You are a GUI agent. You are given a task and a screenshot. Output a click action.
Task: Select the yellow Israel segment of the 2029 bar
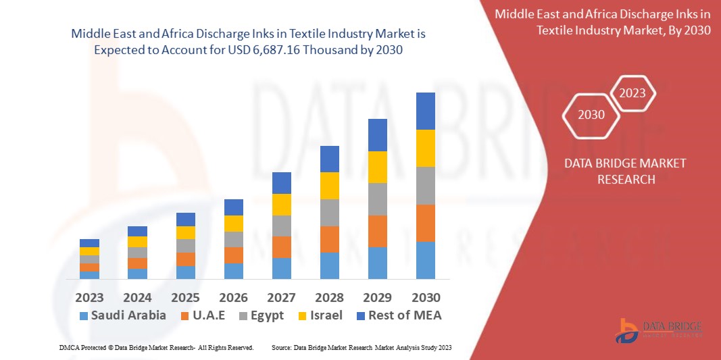(x=377, y=167)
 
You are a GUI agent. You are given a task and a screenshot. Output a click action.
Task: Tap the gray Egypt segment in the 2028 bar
(x=329, y=212)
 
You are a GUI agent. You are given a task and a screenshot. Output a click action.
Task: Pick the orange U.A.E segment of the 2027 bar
(x=281, y=247)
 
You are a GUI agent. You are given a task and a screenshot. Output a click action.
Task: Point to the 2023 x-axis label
(x=89, y=297)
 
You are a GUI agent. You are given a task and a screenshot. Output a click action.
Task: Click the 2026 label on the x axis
(x=233, y=297)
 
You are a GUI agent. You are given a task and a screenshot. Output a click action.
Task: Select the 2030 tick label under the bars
(x=426, y=297)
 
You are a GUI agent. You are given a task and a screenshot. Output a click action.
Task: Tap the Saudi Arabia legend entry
(x=122, y=315)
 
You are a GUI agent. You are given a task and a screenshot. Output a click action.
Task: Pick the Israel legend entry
(x=319, y=315)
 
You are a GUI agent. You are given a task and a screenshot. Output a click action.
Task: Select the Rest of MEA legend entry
(x=399, y=315)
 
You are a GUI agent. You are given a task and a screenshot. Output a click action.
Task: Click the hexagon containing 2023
(x=632, y=93)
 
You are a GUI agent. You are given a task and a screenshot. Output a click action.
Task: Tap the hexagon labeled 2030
(x=591, y=115)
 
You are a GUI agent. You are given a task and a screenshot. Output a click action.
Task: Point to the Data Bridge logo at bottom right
(x=659, y=329)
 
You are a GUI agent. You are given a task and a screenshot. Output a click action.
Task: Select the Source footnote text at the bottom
(x=361, y=347)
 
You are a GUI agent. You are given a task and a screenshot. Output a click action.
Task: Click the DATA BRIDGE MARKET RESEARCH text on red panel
(x=615, y=171)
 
